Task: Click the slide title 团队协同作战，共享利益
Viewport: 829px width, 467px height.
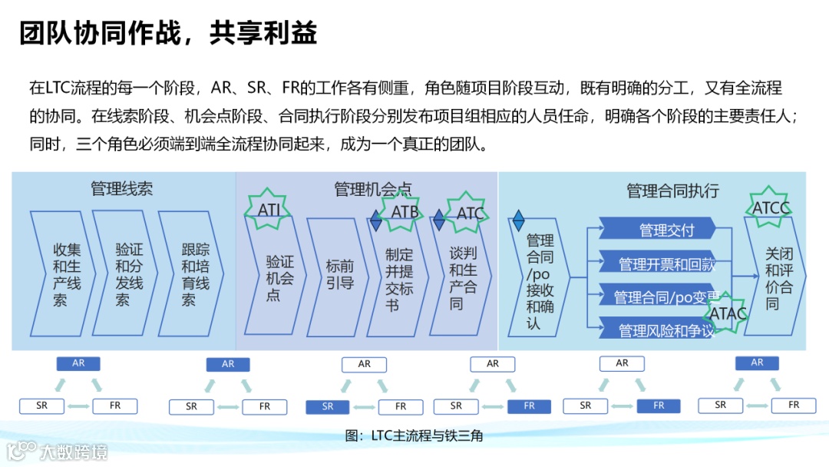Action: coord(168,34)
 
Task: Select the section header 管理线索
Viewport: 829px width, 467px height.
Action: coord(121,188)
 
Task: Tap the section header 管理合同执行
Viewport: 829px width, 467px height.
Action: coord(672,190)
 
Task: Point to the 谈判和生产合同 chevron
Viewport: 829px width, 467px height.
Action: coord(463,277)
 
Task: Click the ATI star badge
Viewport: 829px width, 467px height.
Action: coord(269,210)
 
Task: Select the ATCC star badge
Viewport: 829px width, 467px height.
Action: coord(770,208)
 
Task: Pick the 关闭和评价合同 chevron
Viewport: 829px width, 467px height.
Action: coord(778,277)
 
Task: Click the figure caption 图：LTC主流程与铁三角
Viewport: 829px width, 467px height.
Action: coord(414,436)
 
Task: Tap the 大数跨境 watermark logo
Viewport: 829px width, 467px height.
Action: coord(57,451)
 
